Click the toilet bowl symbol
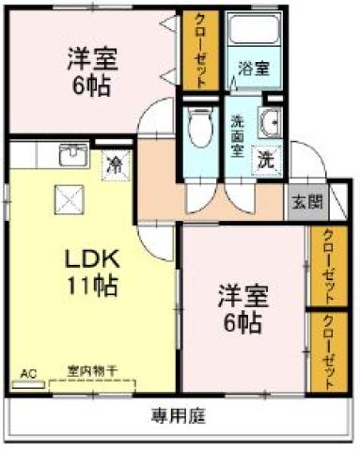coord(199,129)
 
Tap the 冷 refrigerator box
coord(115,164)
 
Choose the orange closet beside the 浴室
coord(200,51)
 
